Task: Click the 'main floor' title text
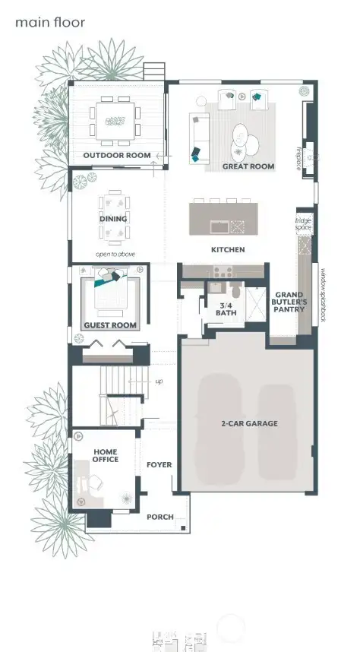pos(49,23)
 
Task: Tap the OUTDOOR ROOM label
pos(117,156)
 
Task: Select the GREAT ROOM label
pos(248,166)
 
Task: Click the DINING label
pos(112,219)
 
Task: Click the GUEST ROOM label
pos(110,325)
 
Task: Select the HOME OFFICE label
pos(106,455)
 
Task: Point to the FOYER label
pos(159,464)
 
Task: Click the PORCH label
pos(159,517)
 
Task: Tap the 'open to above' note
pos(115,254)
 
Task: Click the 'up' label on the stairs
pos(159,381)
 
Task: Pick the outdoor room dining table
pos(115,120)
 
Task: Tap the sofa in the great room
pos(200,133)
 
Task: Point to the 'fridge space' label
pos(303,223)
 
